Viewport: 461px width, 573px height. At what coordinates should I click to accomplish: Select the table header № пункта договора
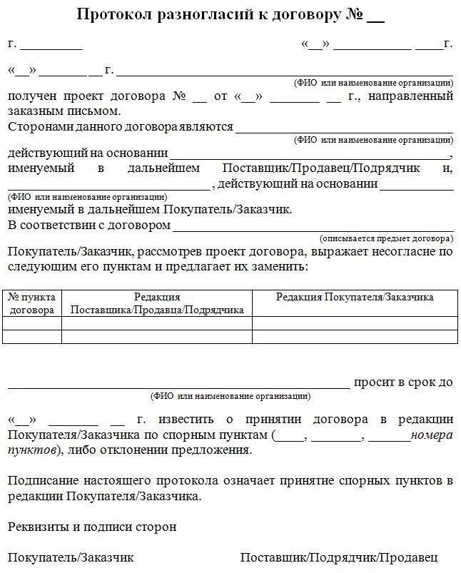(x=32, y=303)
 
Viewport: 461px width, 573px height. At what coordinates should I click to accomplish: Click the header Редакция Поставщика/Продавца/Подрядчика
(x=157, y=303)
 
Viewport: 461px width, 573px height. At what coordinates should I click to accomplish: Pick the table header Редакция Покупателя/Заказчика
(x=355, y=298)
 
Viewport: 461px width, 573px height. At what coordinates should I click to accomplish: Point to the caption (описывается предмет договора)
(x=386, y=238)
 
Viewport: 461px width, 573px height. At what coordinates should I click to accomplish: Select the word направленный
(x=411, y=96)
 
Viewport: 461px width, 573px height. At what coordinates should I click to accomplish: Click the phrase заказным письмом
(x=64, y=111)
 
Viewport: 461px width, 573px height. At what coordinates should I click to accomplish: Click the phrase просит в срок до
(x=403, y=382)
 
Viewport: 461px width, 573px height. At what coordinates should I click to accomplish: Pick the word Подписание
(x=44, y=480)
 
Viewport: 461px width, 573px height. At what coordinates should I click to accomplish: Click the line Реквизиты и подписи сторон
(x=92, y=527)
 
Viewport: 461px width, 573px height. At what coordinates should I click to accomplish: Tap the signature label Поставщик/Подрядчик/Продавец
(x=339, y=557)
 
